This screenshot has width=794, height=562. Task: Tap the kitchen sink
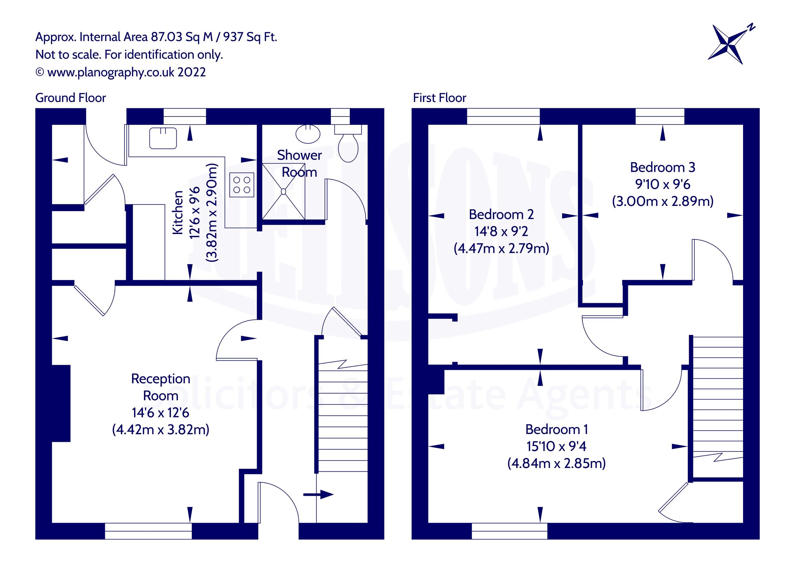click(163, 138)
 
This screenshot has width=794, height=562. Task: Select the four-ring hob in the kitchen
click(242, 185)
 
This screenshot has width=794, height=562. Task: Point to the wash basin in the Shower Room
click(308, 134)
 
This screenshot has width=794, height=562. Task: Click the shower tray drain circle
click(283, 191)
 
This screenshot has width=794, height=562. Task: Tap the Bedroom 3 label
click(662, 167)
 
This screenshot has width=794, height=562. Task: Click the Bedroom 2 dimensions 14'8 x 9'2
click(501, 231)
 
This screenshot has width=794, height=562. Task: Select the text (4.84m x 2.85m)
click(556, 463)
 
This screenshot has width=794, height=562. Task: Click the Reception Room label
click(160, 387)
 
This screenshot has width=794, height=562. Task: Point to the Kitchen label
click(178, 212)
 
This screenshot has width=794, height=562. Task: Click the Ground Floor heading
click(70, 98)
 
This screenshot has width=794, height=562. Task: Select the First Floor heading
click(439, 98)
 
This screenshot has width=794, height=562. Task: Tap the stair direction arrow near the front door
click(318, 494)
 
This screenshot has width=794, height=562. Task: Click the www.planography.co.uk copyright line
click(121, 72)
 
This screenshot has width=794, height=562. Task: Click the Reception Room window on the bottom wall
click(148, 531)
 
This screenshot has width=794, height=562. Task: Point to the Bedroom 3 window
click(659, 116)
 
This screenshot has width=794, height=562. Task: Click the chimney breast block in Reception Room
click(61, 403)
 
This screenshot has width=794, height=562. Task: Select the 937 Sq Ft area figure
click(250, 37)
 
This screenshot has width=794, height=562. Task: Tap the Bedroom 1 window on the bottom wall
click(509, 531)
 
